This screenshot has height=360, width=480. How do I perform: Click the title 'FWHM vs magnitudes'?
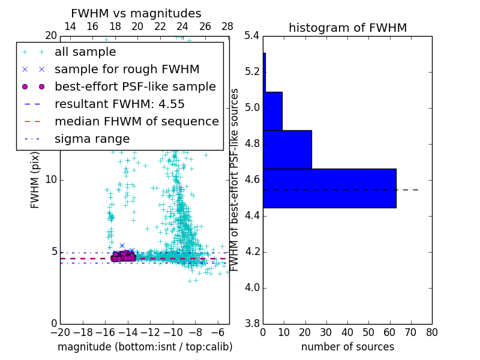tap(136, 13)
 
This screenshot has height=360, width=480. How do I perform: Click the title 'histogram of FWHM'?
tap(347, 28)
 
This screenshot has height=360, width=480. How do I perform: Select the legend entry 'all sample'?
tap(85, 52)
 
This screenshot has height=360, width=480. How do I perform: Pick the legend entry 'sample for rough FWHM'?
tap(127, 70)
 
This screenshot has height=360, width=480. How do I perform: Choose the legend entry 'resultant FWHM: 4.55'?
tap(119, 104)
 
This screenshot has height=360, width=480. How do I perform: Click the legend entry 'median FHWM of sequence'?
tap(136, 122)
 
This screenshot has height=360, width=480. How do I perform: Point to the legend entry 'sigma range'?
tap(92, 139)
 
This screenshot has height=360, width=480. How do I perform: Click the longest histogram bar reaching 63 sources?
tap(329, 188)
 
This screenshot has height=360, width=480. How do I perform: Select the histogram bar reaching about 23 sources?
tap(287, 149)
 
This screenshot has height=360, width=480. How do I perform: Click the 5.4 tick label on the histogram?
tap(251, 36)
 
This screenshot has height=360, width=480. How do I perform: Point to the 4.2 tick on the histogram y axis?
tap(251, 251)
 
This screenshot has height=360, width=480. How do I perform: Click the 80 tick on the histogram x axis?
tap(432, 332)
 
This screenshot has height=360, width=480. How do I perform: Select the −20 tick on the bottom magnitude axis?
tap(60, 332)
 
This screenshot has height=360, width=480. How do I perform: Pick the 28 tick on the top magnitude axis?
tap(227, 26)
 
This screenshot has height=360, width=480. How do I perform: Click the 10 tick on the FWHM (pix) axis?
tap(50, 180)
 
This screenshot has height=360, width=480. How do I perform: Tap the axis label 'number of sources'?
tap(347, 347)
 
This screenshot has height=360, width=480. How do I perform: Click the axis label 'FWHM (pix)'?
tap(35, 180)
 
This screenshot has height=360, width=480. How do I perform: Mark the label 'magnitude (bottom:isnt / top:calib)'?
tap(145, 347)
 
